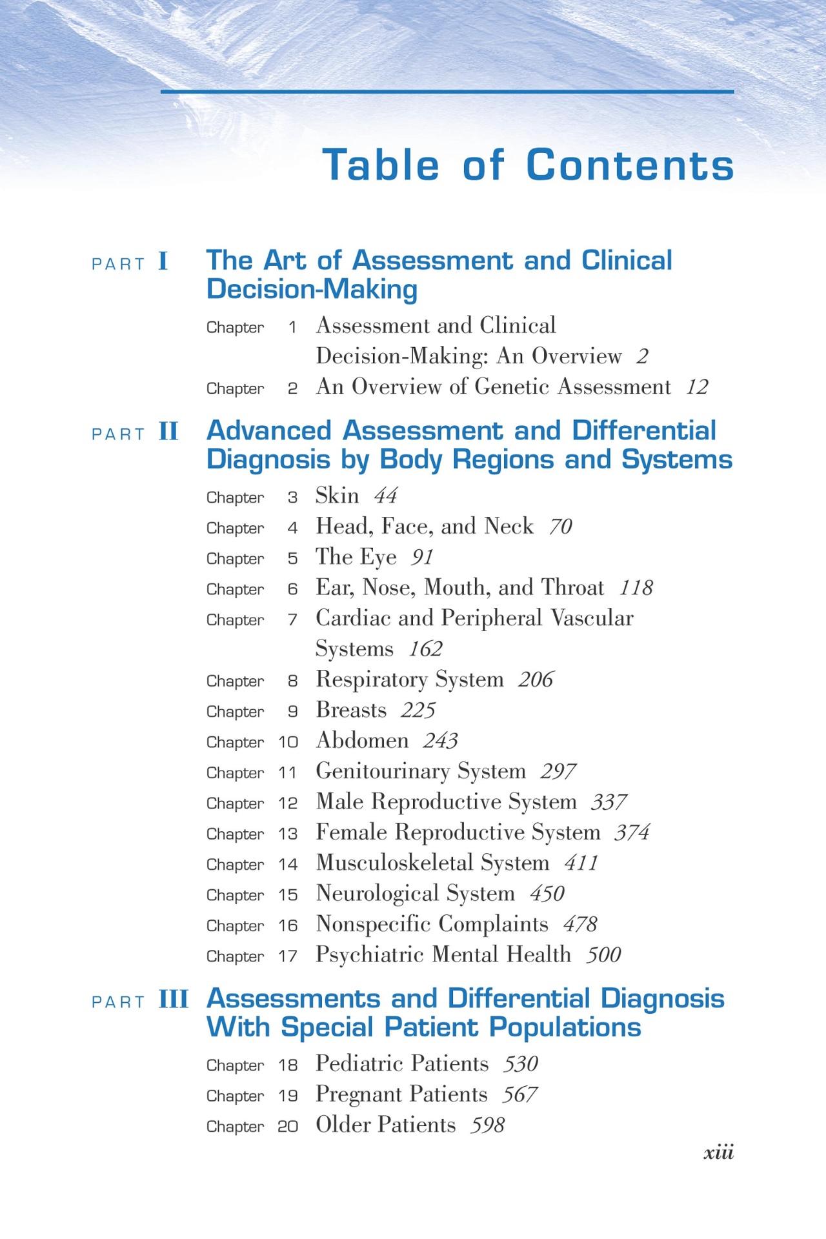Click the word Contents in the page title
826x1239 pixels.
tap(630, 165)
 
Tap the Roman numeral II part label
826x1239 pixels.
tap(168, 432)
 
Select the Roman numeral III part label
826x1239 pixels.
tap(174, 1000)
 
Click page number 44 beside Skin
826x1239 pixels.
tap(385, 496)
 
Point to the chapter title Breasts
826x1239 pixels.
tap(351, 710)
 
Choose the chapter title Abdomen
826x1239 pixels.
tap(362, 740)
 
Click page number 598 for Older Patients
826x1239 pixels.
tap(487, 1125)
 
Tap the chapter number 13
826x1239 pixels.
tap(288, 834)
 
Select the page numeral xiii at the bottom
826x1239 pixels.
tap(718, 1153)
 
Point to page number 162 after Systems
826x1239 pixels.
tap(425, 649)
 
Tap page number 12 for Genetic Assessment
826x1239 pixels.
tap(697, 387)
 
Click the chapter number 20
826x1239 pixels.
tap(288, 1127)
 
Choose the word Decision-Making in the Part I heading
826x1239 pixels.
tap(312, 289)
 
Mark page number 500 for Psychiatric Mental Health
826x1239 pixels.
tap(603, 955)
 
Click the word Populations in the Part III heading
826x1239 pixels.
tap(565, 1027)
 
